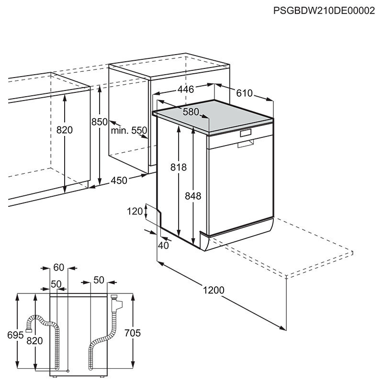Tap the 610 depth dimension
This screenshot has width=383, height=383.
[243, 93]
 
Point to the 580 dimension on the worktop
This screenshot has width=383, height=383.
[190, 112]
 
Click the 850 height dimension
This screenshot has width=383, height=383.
[100, 122]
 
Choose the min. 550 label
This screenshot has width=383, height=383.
[128, 130]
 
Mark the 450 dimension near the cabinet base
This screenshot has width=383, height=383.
[119, 180]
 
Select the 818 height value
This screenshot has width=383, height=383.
[179, 167]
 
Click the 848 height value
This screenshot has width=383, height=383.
[193, 196]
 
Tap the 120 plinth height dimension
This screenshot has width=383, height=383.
[136, 211]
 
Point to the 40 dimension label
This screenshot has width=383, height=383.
[163, 246]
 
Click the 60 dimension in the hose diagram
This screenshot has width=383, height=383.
[59, 267]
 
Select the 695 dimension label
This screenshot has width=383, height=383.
[15, 335]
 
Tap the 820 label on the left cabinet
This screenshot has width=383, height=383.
[64, 130]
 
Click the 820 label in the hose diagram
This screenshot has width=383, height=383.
[35, 340]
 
